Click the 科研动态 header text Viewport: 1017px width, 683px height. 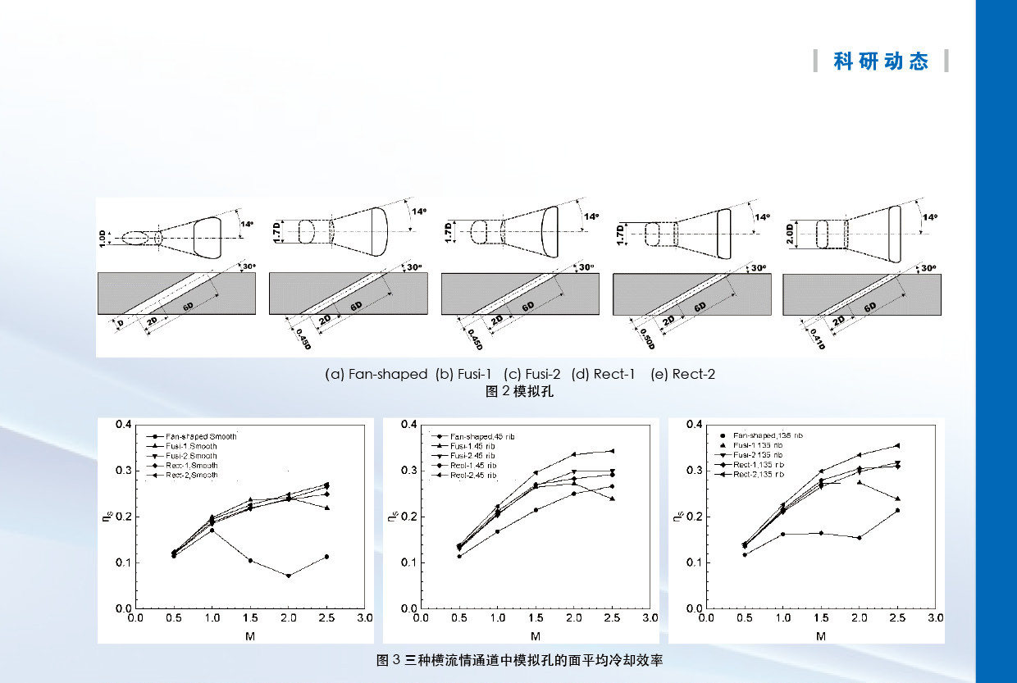point(881,61)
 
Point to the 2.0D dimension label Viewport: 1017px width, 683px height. point(789,234)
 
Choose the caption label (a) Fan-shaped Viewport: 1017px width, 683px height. point(376,375)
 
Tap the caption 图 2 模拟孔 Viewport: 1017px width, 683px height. point(520,391)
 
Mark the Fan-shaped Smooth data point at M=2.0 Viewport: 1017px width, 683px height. point(288,576)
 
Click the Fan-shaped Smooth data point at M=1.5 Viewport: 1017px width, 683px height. point(250,561)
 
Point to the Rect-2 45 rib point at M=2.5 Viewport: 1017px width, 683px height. point(612,451)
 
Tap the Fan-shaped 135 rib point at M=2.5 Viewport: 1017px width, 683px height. point(898,511)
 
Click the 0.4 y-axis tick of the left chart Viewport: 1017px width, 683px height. point(123,424)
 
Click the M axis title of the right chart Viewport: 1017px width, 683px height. point(821,636)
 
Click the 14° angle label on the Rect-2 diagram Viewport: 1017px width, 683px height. point(928,217)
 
